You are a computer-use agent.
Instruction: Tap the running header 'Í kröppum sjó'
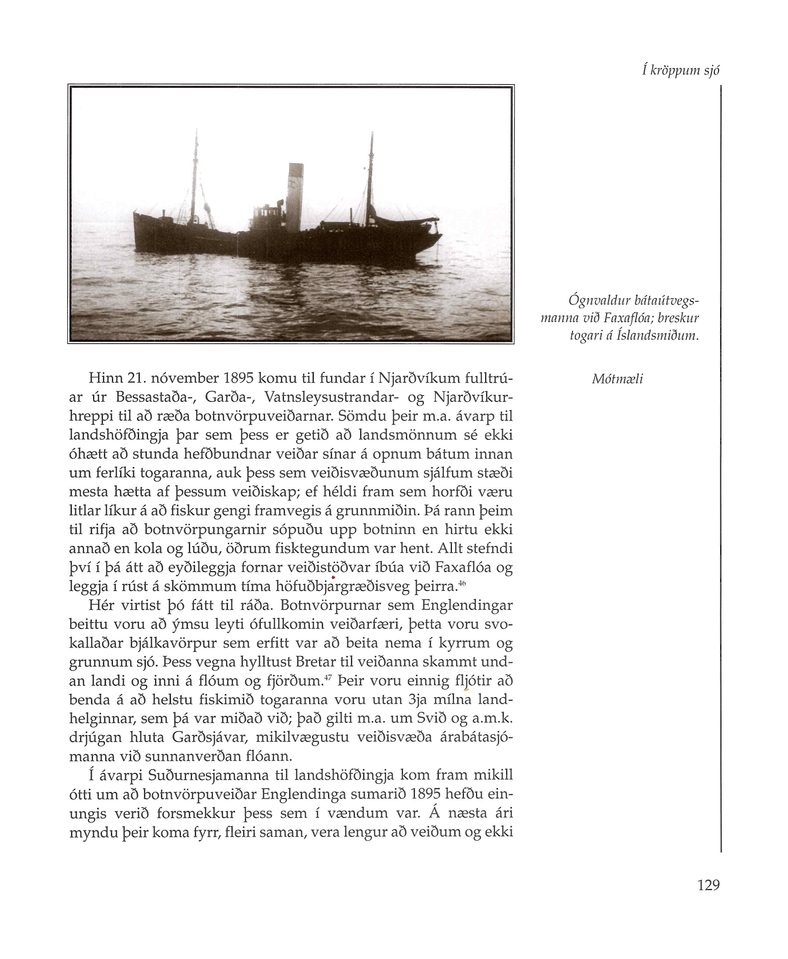click(681, 70)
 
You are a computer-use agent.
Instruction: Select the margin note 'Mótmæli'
click(617, 379)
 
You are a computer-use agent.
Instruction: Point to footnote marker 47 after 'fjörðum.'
click(329, 678)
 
